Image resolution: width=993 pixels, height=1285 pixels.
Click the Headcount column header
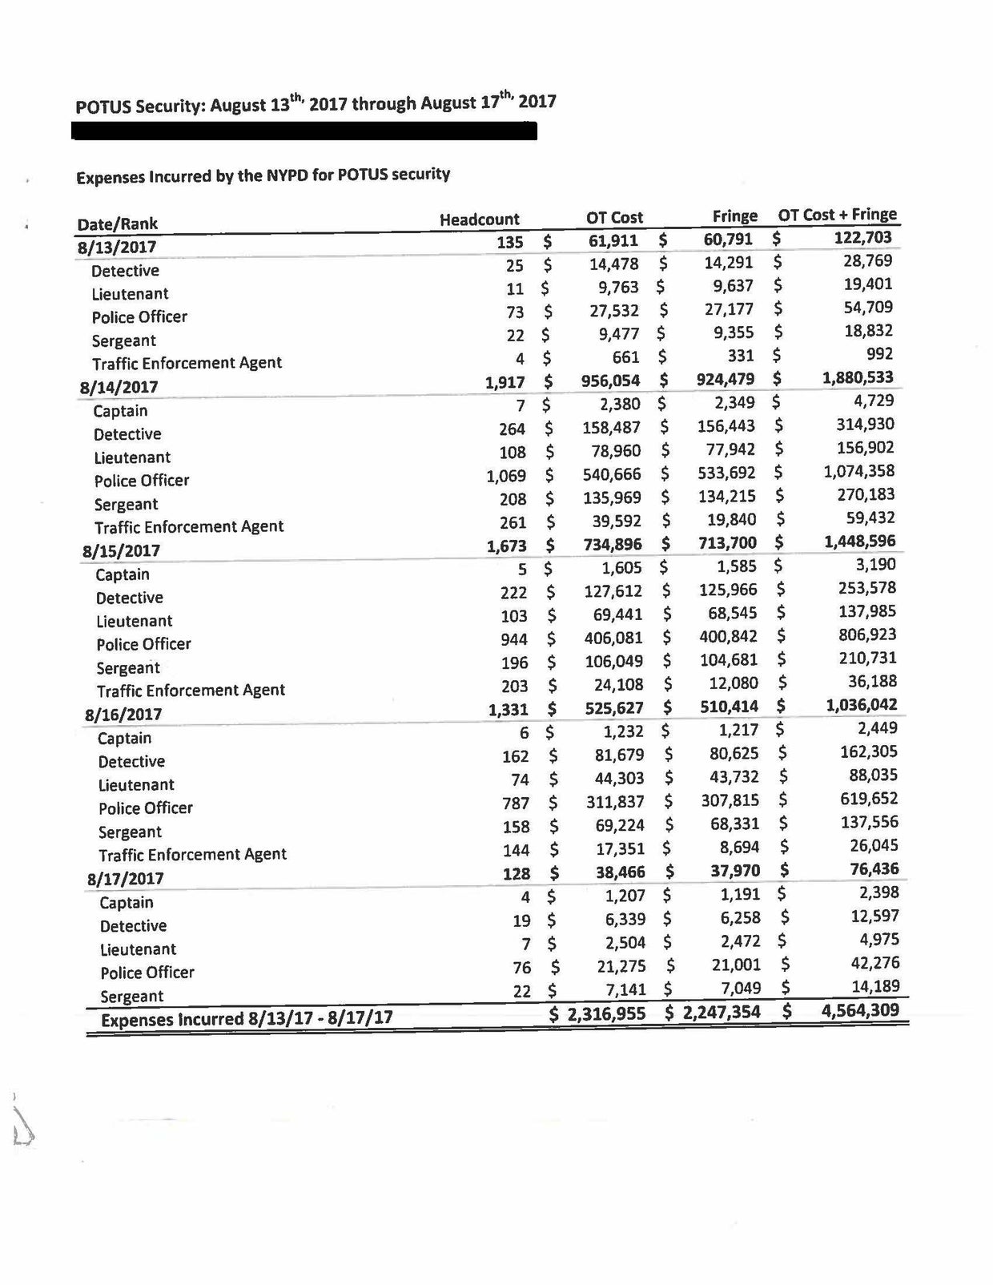point(479,219)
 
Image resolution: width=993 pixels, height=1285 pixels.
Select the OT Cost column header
point(614,217)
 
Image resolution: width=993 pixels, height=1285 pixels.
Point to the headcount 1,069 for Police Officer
point(506,476)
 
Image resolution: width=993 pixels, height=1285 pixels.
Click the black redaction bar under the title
point(304,131)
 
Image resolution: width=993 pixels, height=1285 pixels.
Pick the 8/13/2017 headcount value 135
point(510,242)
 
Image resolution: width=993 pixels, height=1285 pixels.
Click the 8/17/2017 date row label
point(125,878)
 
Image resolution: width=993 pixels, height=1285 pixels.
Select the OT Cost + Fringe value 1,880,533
point(858,377)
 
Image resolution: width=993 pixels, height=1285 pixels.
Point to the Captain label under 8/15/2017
point(123,574)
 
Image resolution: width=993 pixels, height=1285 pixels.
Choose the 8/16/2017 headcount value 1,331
point(508,710)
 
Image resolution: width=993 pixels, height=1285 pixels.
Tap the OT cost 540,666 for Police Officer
point(612,474)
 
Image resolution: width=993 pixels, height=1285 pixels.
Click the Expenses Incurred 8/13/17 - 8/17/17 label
point(246,1019)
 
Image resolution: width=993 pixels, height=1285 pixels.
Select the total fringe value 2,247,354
point(722,1012)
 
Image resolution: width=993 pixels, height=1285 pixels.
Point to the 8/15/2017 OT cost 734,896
point(612,545)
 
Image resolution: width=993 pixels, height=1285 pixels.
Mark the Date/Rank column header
point(118,224)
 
